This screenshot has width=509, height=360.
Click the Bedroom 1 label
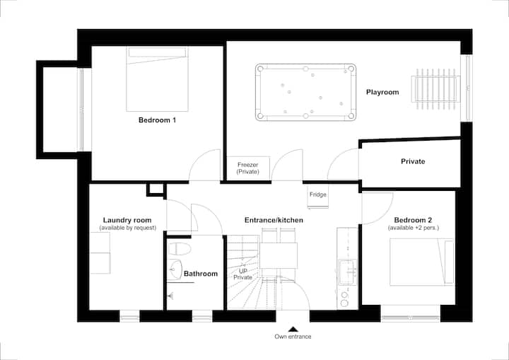pyautogui.click(x=157, y=120)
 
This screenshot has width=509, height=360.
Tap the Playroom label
pyautogui.click(x=382, y=92)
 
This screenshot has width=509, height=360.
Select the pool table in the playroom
pyautogui.click(x=305, y=92)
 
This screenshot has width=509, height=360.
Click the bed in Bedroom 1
pyautogui.click(x=157, y=79)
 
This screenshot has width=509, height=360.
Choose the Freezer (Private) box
pyautogui.click(x=248, y=168)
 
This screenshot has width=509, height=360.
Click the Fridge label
pyautogui.click(x=318, y=194)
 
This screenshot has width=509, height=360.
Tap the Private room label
pyautogui.click(x=413, y=161)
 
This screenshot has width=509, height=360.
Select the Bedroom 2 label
pyautogui.click(x=413, y=220)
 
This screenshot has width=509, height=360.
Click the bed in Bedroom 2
pyautogui.click(x=421, y=262)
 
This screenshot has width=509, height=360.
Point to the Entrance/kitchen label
pyautogui.click(x=274, y=220)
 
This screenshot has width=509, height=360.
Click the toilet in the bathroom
pyautogui.click(x=180, y=249)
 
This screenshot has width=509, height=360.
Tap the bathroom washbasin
pyautogui.click(x=175, y=269)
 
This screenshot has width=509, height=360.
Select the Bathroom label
pyautogui.click(x=201, y=274)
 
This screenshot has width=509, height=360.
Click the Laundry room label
pyautogui.click(x=127, y=220)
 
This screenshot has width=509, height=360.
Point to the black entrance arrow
pyautogui.click(x=293, y=329)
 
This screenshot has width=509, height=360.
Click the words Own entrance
pyautogui.click(x=293, y=337)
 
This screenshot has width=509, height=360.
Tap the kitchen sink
pyautogui.click(x=347, y=272)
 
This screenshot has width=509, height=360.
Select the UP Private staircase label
pyautogui.click(x=242, y=274)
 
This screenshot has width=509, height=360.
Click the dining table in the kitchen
pyautogui.click(x=279, y=255)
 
